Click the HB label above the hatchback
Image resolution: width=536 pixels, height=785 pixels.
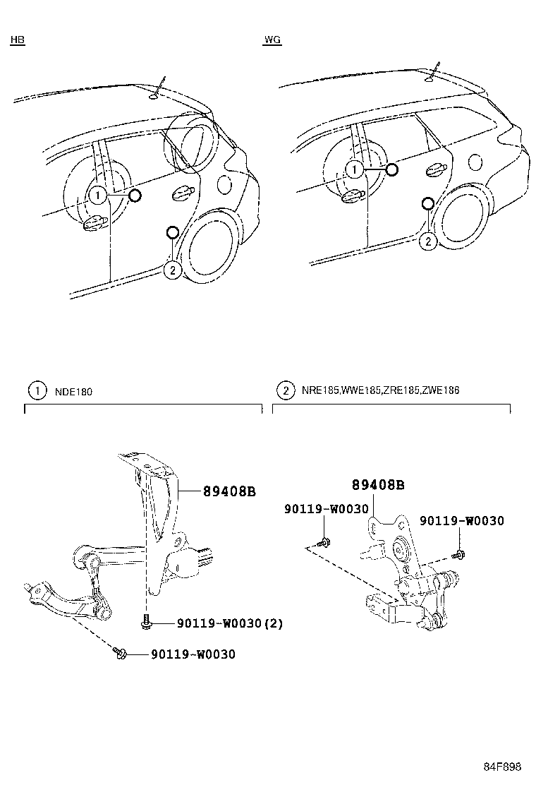click(x=18, y=40)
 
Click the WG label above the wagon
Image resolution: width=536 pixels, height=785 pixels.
click(x=272, y=40)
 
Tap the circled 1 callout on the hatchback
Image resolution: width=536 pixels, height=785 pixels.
click(x=97, y=195)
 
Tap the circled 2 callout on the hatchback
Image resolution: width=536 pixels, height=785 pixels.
click(x=172, y=269)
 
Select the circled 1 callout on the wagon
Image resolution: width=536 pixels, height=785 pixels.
click(x=355, y=169)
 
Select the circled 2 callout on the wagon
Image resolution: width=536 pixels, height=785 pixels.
click(x=427, y=241)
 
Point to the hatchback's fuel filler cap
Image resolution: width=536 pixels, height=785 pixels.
click(x=224, y=184)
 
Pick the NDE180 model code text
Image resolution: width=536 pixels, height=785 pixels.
click(x=73, y=390)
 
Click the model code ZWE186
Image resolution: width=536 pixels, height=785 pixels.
click(x=441, y=390)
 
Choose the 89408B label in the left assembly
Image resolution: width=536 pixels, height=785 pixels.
click(x=229, y=491)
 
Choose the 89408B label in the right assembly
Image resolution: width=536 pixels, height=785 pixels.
click(x=378, y=485)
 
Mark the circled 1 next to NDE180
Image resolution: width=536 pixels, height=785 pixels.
click(x=34, y=390)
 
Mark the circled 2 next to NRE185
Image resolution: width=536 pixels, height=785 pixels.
click(x=286, y=390)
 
